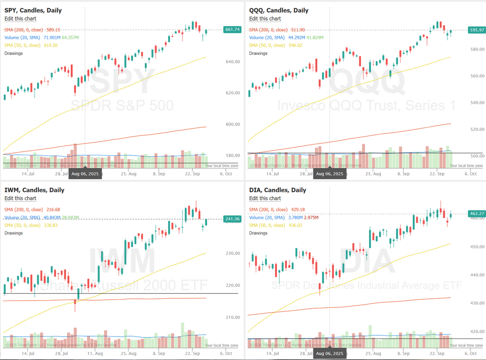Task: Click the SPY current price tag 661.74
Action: [232, 30]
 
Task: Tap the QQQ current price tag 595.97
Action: [477, 30]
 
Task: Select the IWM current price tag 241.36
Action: [232, 219]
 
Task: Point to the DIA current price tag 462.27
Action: [477, 214]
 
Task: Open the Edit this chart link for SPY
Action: [20, 18]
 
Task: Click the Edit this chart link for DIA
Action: [265, 198]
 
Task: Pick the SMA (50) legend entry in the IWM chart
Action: [31, 225]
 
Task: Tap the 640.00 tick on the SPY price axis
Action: [232, 62]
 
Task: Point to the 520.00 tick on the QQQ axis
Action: [477, 130]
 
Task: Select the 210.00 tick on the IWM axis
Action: [232, 318]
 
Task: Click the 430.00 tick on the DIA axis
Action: [477, 303]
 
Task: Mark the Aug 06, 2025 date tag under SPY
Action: [85, 174]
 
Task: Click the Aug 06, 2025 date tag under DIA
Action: [330, 354]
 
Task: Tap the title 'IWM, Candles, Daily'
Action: [34, 190]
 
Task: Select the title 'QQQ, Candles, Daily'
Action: [279, 10]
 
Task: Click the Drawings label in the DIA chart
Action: [258, 233]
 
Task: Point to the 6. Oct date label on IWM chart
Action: [226, 353]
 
